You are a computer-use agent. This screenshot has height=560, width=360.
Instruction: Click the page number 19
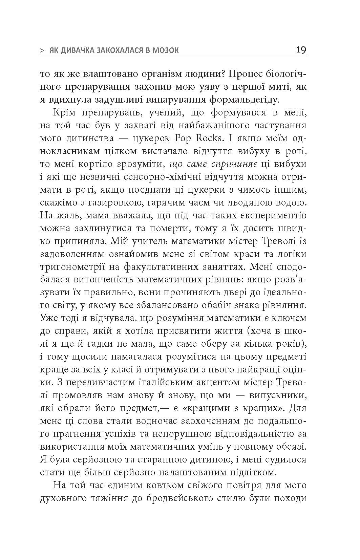301,50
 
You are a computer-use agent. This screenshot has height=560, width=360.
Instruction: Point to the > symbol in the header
42,51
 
